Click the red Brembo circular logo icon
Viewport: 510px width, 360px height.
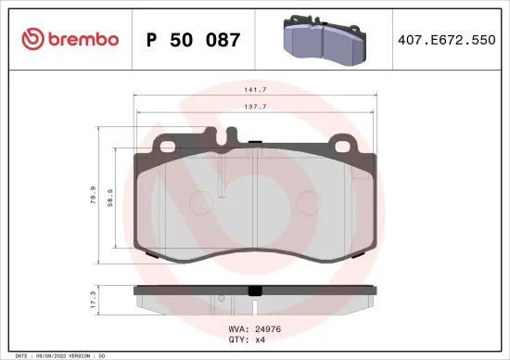click(30, 39)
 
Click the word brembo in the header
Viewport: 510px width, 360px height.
click(78, 39)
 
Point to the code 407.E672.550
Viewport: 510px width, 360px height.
click(441, 40)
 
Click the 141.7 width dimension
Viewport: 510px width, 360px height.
click(256, 91)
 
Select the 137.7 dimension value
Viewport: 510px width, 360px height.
click(256, 107)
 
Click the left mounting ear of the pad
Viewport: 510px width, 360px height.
click(168, 144)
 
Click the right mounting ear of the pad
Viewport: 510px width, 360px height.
click(345, 144)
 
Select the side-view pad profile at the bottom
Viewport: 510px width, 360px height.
click(256, 300)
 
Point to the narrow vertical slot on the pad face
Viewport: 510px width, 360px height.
click(221, 184)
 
